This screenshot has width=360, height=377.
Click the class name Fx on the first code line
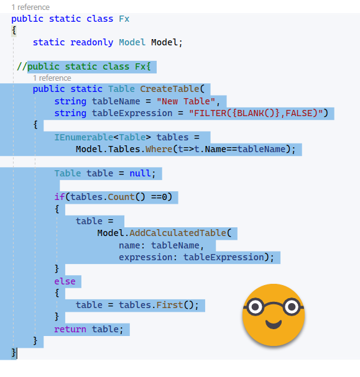pyautogui.click(x=124, y=19)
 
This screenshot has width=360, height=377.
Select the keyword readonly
pyautogui.click(x=91, y=43)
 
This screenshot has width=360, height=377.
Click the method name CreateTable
pyautogui.click(x=170, y=89)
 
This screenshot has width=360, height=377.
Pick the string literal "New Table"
pyautogui.click(x=185, y=101)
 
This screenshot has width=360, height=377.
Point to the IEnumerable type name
pyautogui.click(x=84, y=137)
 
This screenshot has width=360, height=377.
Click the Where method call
pyautogui.click(x=159, y=149)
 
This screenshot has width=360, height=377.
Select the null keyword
pyautogui.click(x=141, y=173)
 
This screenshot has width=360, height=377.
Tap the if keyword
pyautogui.click(x=60, y=197)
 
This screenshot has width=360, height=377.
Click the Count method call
pyautogui.click(x=121, y=197)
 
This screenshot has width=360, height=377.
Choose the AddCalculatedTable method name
pyautogui.click(x=178, y=233)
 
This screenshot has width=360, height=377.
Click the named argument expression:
pyautogui.click(x=148, y=258)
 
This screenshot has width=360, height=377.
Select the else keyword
pyautogui.click(x=65, y=281)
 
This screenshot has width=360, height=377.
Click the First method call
pyautogui.click(x=170, y=305)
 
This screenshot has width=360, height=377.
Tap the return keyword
pyautogui.click(x=70, y=329)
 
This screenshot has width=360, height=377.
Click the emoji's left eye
pyautogui.click(x=255, y=307)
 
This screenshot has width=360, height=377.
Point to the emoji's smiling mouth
pyautogui.click(x=274, y=324)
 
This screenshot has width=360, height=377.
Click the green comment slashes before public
pyautogui.click(x=22, y=66)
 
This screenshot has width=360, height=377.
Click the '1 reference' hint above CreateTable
pyautogui.click(x=52, y=78)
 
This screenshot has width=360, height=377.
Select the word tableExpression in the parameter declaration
pyautogui.click(x=132, y=113)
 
